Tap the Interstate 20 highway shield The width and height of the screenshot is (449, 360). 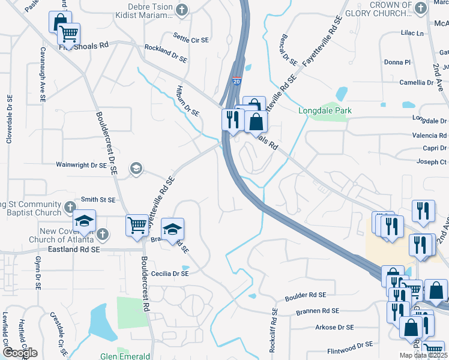click(x=237, y=81)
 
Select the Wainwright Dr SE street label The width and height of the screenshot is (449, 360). click(x=81, y=164)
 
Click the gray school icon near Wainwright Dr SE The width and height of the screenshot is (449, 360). click(x=136, y=168)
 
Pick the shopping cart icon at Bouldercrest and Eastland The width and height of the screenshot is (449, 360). click(x=137, y=226)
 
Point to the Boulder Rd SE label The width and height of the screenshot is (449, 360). click(x=305, y=295)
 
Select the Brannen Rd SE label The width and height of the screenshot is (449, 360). click(x=318, y=311)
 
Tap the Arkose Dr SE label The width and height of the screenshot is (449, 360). click(x=333, y=328)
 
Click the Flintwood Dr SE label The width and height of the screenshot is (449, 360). click(x=349, y=346)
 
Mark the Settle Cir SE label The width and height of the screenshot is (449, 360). click(x=191, y=40)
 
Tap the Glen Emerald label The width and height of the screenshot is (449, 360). click(x=125, y=356)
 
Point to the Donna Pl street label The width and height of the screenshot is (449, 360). click(x=397, y=62)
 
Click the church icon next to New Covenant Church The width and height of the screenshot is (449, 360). click(x=103, y=233)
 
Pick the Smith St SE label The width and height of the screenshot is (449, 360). click(x=98, y=199)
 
